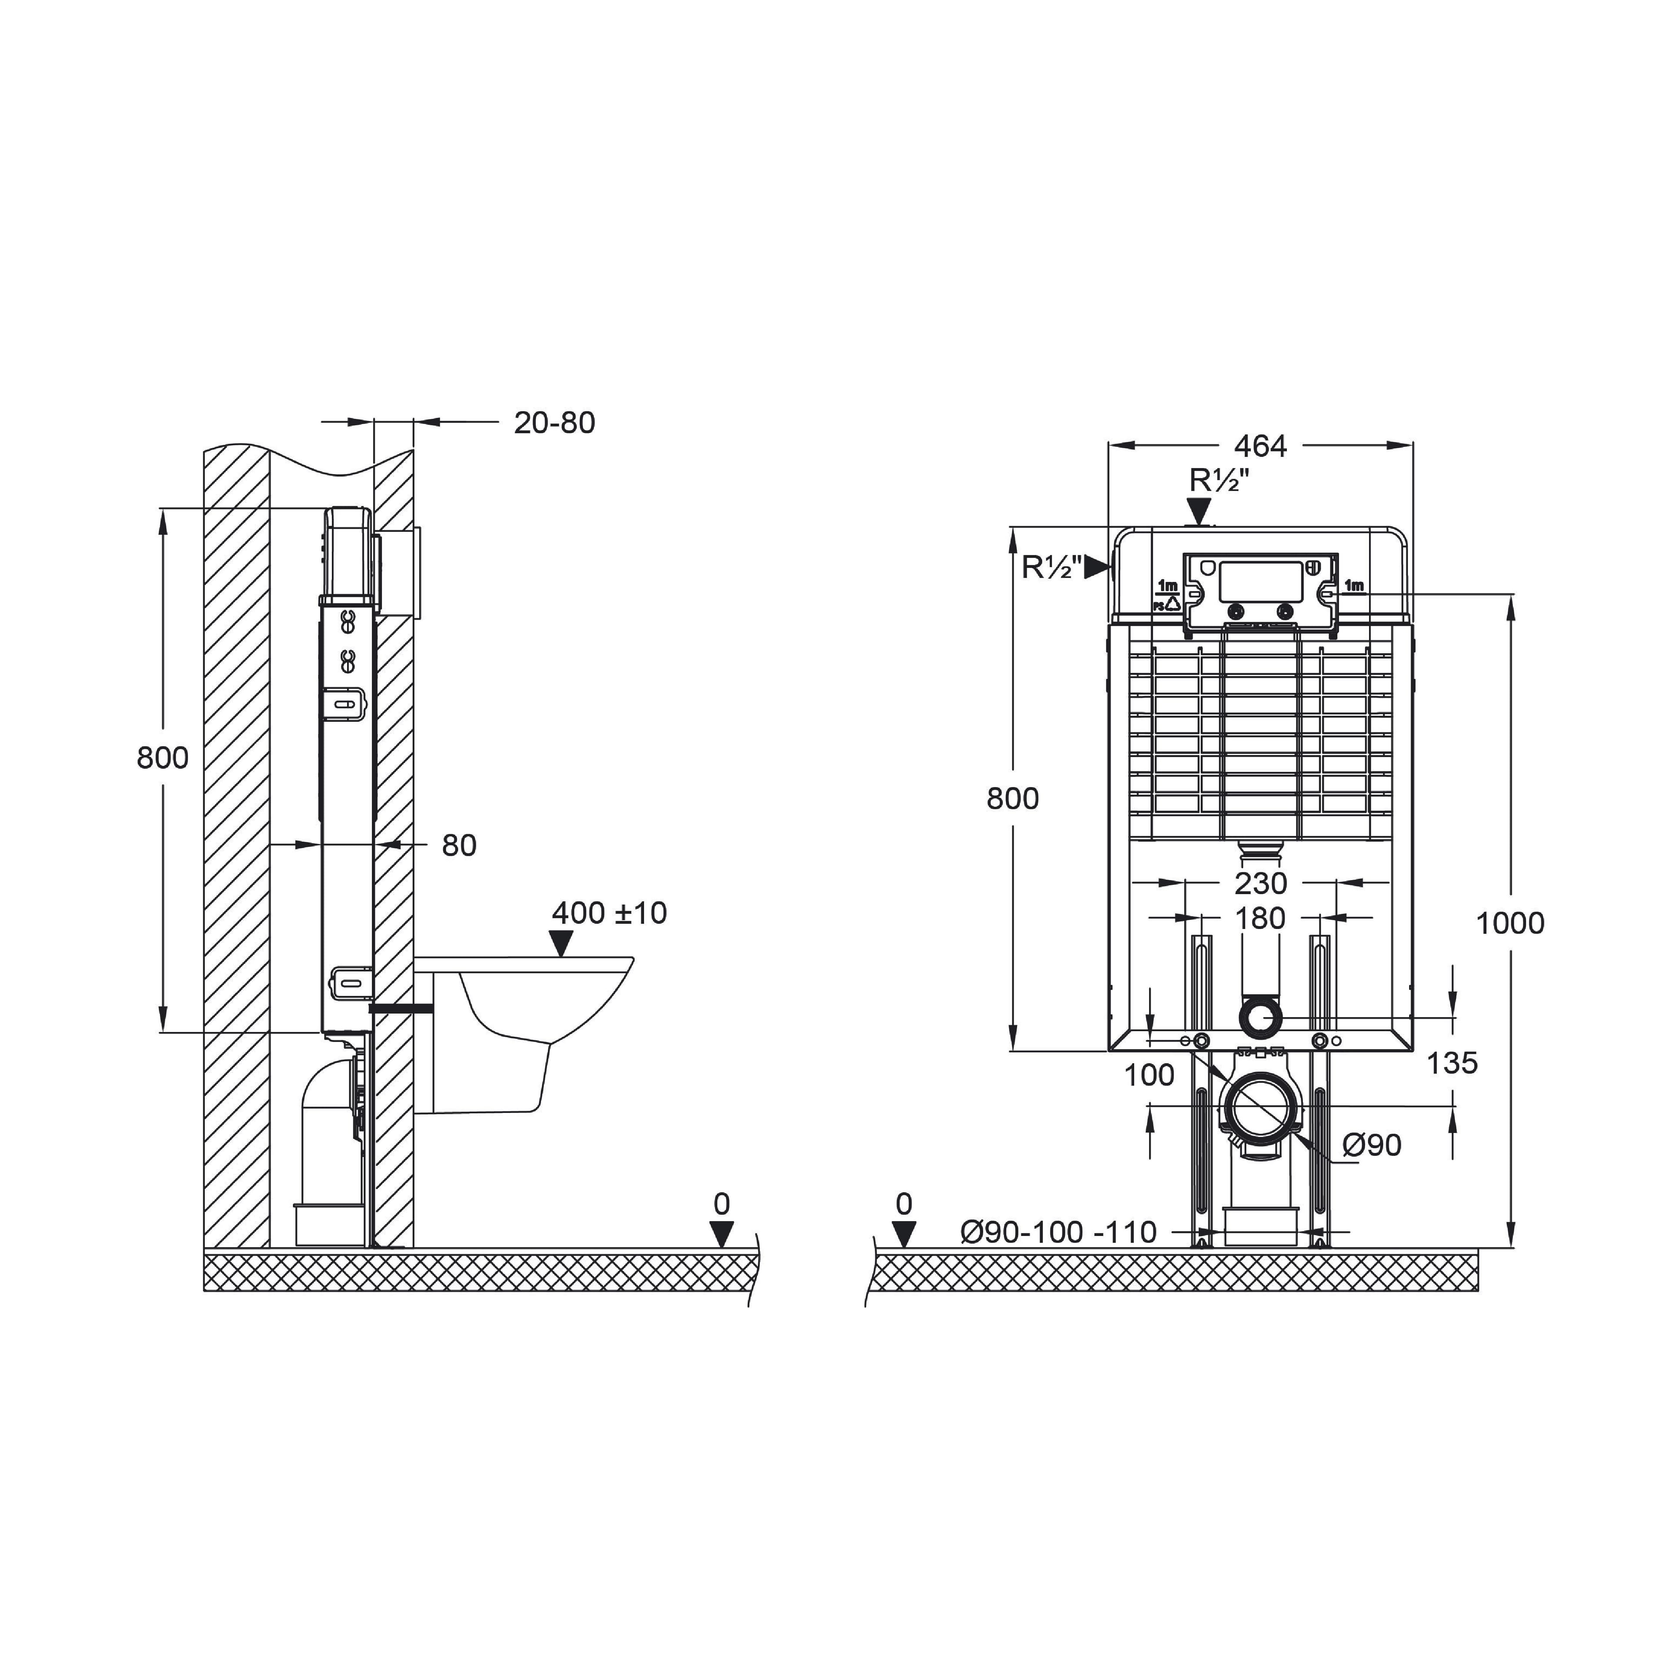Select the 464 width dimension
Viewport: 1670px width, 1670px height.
pos(1260,446)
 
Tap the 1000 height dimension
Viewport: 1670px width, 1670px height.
pos(1510,923)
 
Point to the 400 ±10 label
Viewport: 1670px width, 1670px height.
pos(609,913)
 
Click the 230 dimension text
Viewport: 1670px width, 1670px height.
pos(1260,883)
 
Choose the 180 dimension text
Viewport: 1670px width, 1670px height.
pos(1260,918)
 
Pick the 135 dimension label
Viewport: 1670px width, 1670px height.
pos(1452,1062)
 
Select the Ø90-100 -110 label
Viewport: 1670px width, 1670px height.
pos(1059,1232)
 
